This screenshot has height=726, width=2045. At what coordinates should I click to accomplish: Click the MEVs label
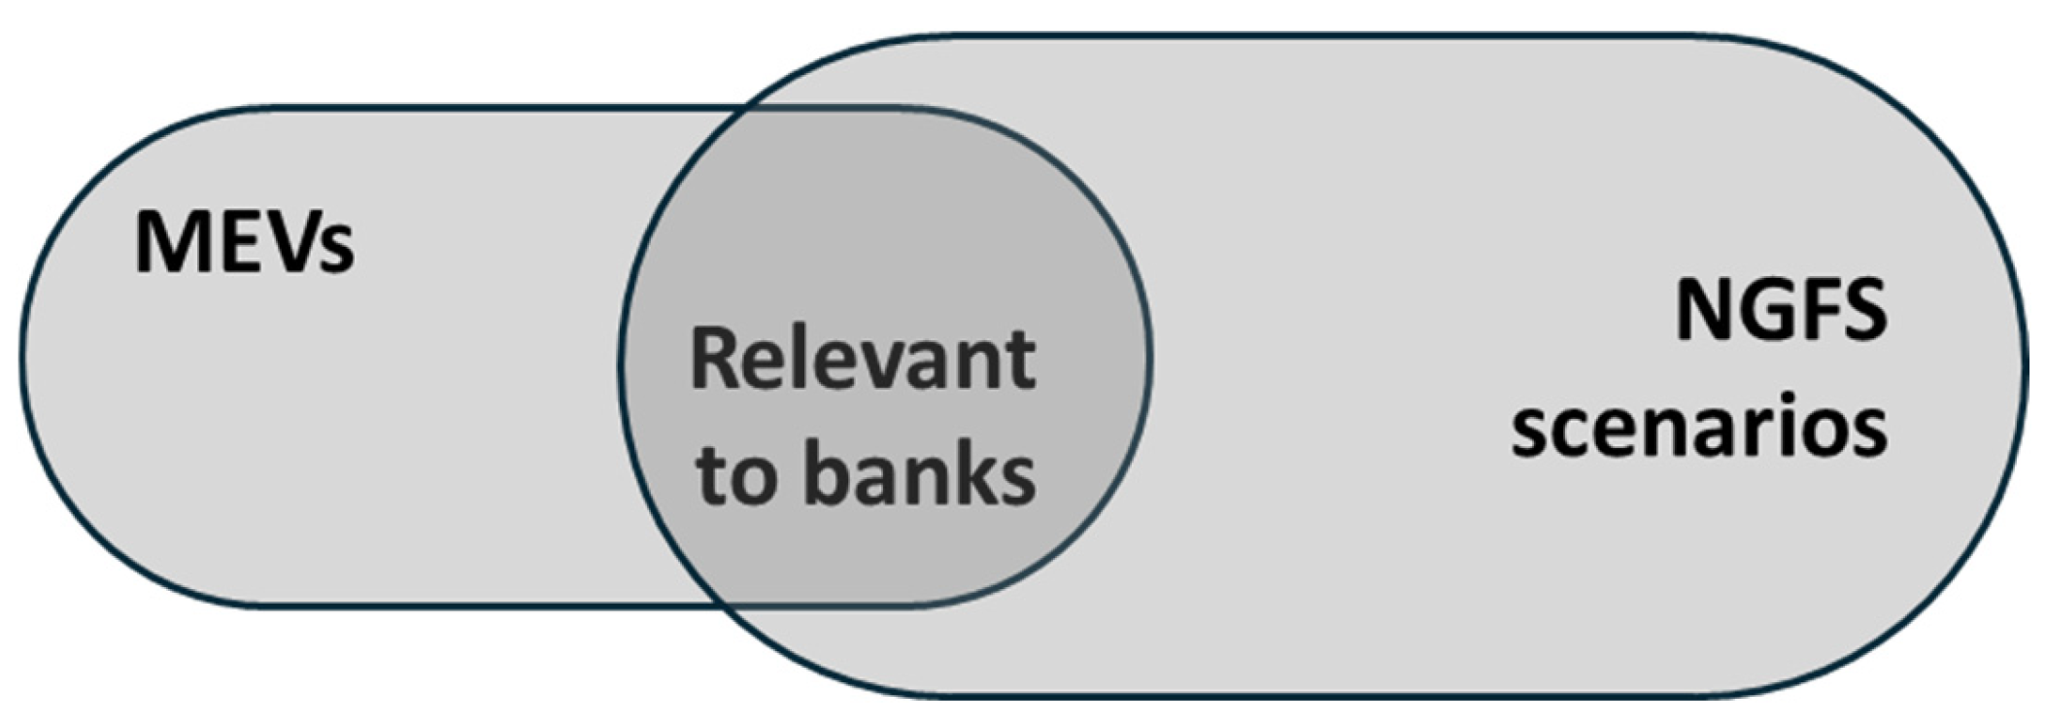click(x=244, y=242)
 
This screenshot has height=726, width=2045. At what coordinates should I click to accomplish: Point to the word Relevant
click(x=863, y=361)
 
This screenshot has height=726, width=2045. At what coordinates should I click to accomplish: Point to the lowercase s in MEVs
click(x=336, y=249)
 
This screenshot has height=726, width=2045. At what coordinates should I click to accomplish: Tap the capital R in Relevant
click(x=713, y=361)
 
